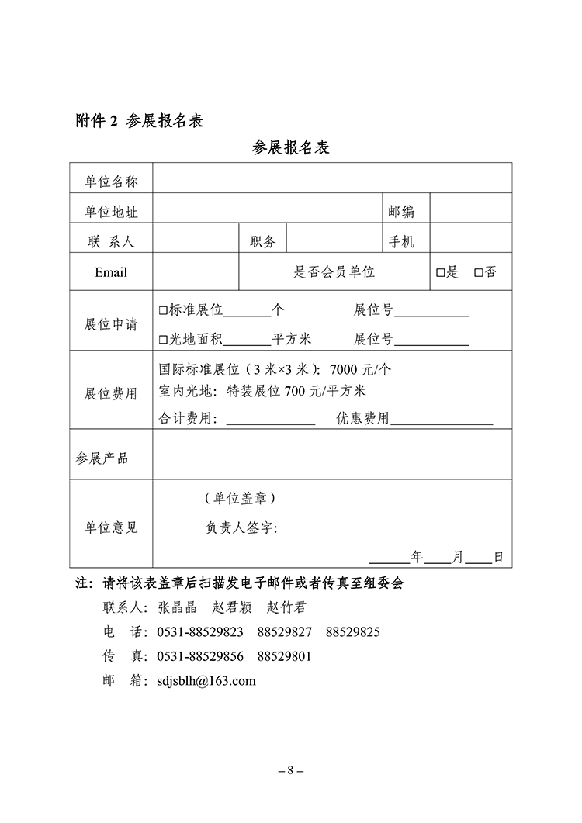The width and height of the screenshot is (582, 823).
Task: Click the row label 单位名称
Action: [x=111, y=182]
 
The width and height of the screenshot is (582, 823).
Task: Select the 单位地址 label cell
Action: [x=111, y=212]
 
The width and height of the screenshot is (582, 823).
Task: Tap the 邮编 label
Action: [x=401, y=212]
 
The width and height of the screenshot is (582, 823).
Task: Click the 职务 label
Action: [x=262, y=242]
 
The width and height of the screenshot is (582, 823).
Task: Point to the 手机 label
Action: [x=401, y=242]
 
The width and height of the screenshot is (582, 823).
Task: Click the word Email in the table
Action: [x=111, y=272]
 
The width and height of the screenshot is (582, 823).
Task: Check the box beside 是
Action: [x=440, y=273]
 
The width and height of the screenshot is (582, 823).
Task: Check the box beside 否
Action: [x=478, y=273]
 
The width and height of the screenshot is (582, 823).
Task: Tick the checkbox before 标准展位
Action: [x=163, y=310]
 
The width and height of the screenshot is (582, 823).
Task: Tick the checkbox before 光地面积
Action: [x=163, y=340]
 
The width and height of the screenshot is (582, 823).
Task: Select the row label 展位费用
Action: [x=111, y=393]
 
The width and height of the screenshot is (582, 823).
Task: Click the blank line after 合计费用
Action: [x=269, y=420]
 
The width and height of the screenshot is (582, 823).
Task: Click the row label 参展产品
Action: [x=102, y=458]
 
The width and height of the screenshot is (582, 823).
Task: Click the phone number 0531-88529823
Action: [x=199, y=631]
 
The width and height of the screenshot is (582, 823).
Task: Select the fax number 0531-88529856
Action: [x=199, y=656]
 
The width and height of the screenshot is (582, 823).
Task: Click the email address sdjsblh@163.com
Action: [x=206, y=681]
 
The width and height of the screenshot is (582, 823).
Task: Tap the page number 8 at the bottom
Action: [x=290, y=771]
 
